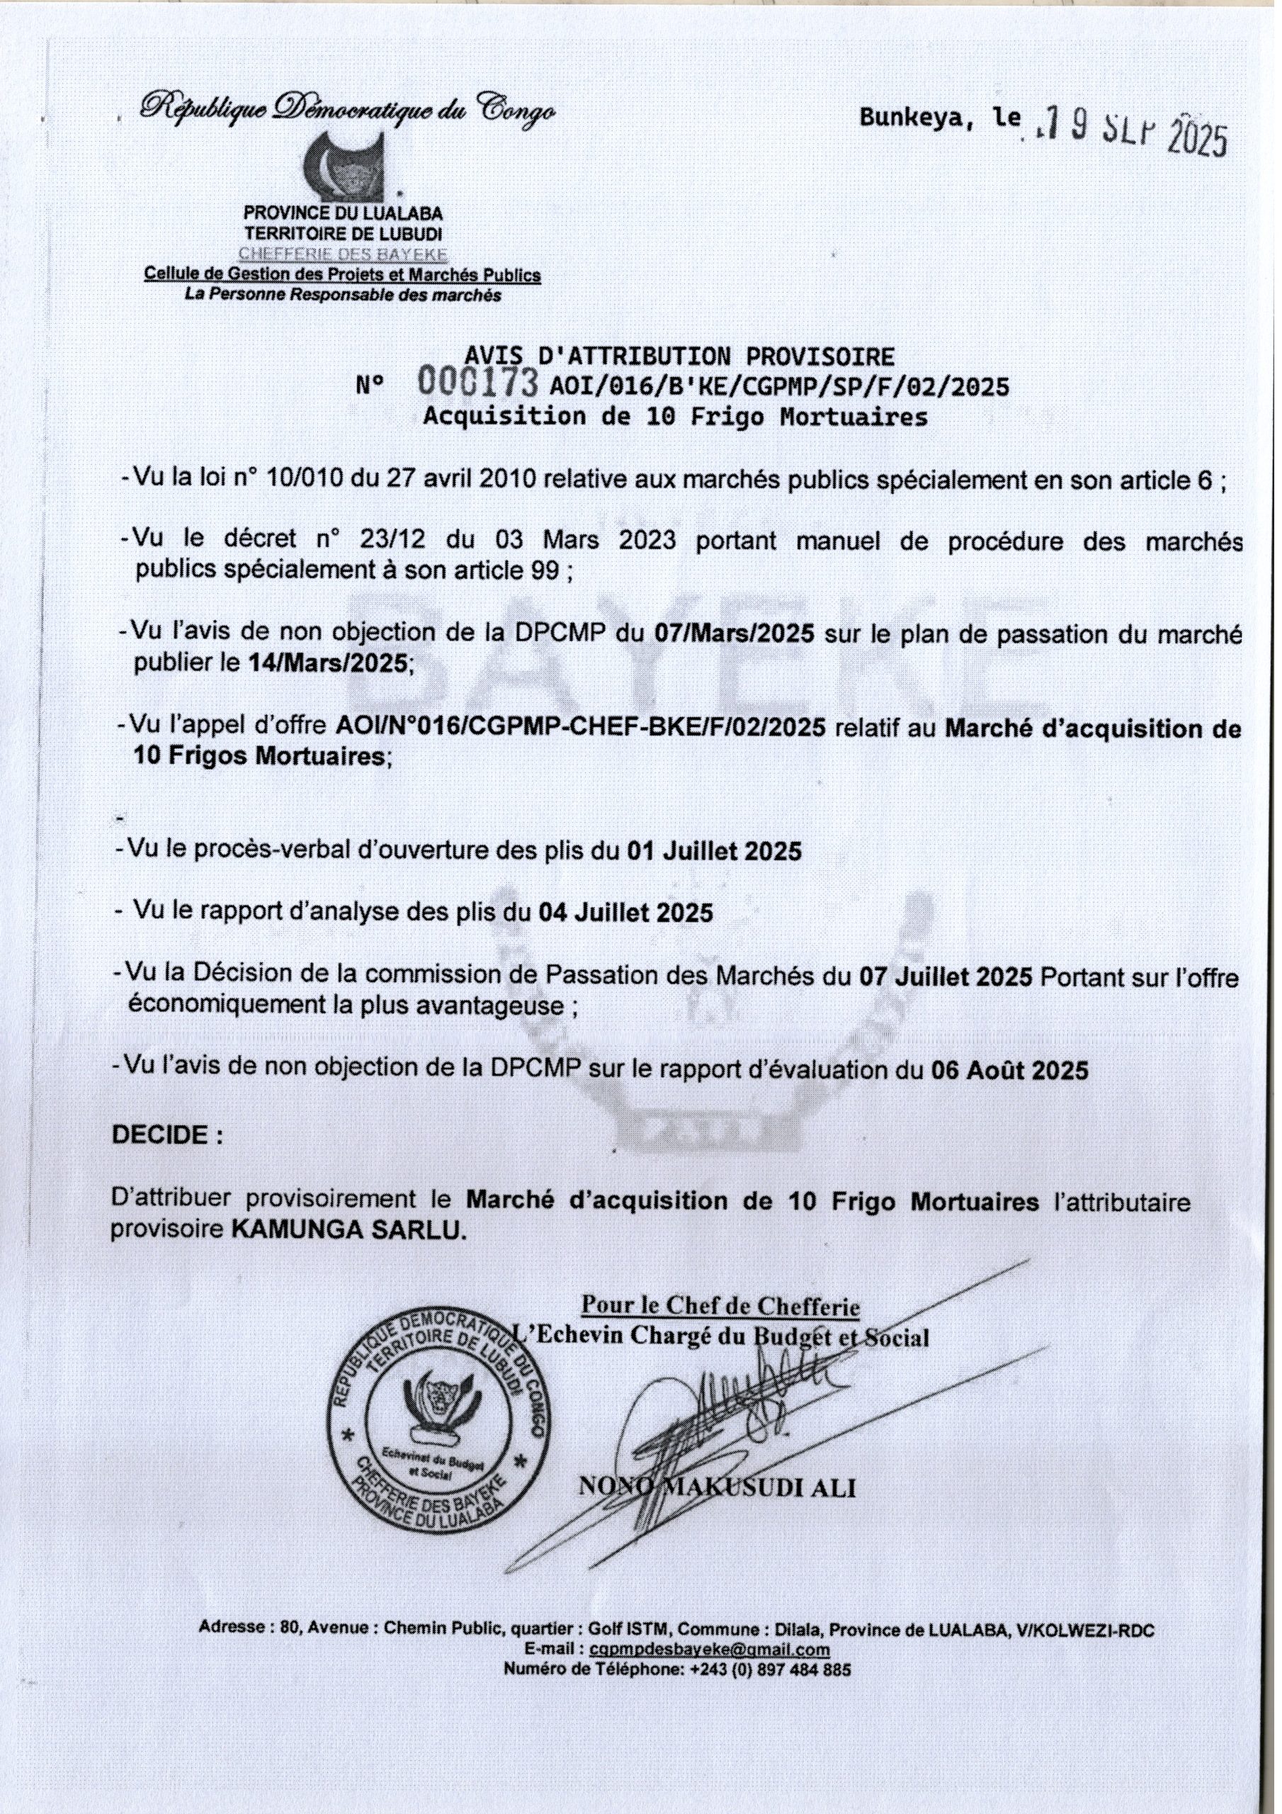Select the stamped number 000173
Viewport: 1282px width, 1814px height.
(x=479, y=383)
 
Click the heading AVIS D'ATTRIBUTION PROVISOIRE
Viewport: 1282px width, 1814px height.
(x=679, y=356)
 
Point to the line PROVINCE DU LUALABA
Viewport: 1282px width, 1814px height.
(x=343, y=213)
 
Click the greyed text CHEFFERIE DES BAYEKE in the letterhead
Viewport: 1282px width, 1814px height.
(x=343, y=254)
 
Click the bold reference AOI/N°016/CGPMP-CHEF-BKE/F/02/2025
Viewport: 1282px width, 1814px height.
(x=581, y=727)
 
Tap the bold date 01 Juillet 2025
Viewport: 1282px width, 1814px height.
(x=714, y=850)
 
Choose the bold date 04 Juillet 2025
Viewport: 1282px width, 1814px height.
(x=625, y=913)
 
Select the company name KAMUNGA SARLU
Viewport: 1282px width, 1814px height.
(x=348, y=1231)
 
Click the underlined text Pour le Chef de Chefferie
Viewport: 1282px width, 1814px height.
(x=720, y=1305)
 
